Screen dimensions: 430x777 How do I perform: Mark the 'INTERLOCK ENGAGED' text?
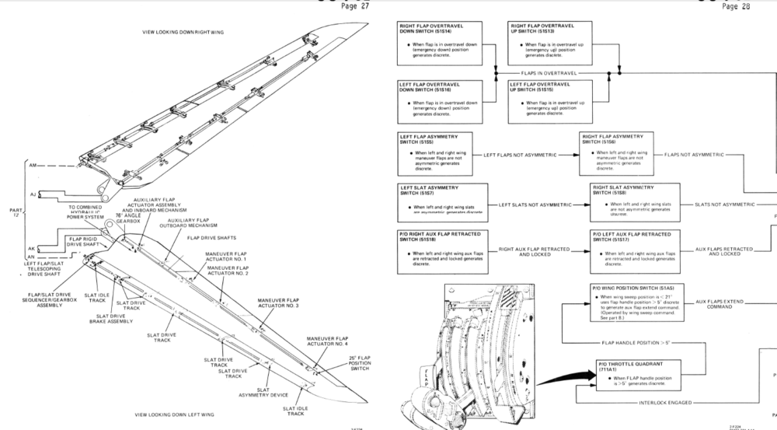click(x=664, y=403)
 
